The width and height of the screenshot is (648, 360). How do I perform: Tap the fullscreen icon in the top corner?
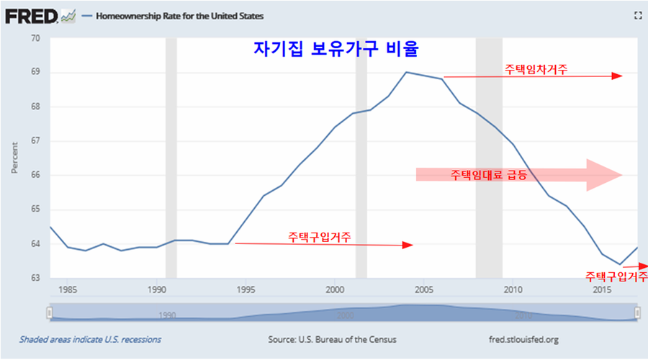[x=636, y=15]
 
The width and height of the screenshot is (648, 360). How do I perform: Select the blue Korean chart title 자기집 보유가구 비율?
[x=336, y=49]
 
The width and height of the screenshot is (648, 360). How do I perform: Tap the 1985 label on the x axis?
[x=68, y=290]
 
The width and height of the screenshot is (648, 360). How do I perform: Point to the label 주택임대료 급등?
[x=489, y=175]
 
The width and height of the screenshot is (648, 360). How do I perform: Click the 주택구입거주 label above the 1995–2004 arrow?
[x=320, y=235]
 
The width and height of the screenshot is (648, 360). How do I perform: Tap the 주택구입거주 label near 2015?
[x=616, y=276]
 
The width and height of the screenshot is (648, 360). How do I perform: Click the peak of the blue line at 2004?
[x=406, y=72]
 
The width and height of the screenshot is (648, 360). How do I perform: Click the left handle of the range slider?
[x=49, y=312]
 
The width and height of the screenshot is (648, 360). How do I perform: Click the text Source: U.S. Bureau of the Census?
[x=332, y=339]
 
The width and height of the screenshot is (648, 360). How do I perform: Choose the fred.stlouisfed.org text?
[x=523, y=339]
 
